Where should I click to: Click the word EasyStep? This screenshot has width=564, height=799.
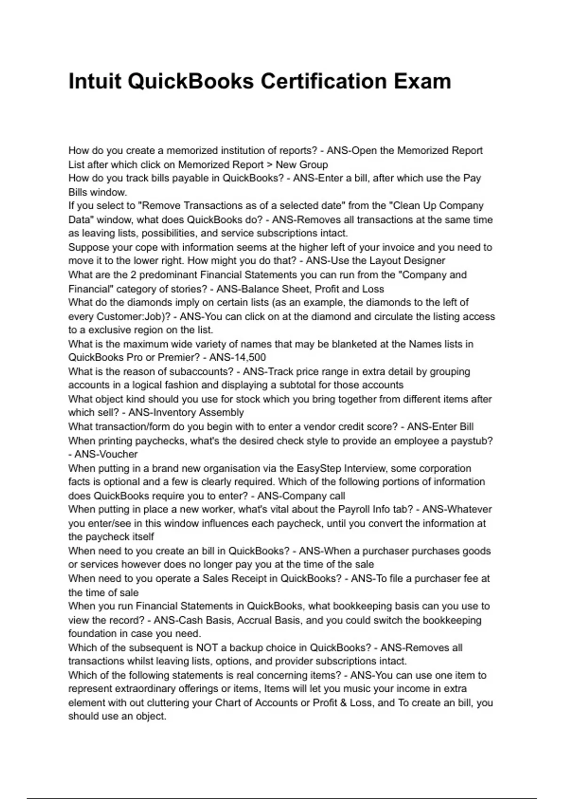[319, 469]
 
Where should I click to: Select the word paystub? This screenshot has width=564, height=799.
[474, 441]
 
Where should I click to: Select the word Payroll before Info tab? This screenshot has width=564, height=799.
[354, 509]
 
